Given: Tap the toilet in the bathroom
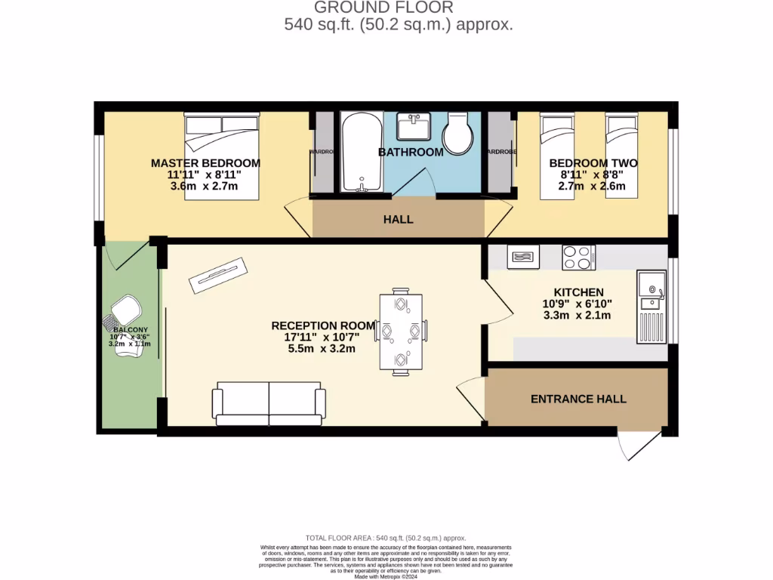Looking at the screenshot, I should click(x=457, y=134).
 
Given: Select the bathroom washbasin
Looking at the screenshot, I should click(x=413, y=127).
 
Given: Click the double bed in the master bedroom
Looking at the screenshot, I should click(x=222, y=156).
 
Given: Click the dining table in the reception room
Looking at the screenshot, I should click(x=400, y=331).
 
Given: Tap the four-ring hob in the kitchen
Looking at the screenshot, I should click(x=579, y=258).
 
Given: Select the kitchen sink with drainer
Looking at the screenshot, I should click(x=651, y=306).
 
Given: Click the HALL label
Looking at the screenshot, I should click(x=398, y=220).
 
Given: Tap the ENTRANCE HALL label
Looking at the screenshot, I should click(x=578, y=399).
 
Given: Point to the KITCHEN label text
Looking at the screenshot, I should click(x=578, y=292).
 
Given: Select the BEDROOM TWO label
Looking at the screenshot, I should click(x=593, y=163).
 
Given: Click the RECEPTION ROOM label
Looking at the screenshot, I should click(x=323, y=325).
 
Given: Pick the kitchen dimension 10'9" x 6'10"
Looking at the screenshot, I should click(x=577, y=304).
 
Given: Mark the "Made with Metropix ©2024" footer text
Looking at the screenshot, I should click(x=386, y=576).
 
